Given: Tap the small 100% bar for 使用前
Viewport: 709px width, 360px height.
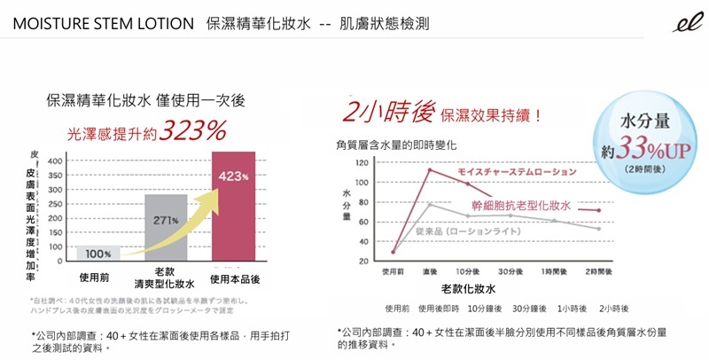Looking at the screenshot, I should [98, 253].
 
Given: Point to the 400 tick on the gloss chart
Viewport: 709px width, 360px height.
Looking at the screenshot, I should [54, 161].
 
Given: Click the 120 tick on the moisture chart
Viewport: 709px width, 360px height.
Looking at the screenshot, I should [362, 163].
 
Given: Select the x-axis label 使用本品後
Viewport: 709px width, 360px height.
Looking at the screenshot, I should [234, 278].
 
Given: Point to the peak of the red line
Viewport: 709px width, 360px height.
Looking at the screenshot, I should [429, 169].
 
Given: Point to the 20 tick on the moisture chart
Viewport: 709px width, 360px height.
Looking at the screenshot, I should [363, 262].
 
